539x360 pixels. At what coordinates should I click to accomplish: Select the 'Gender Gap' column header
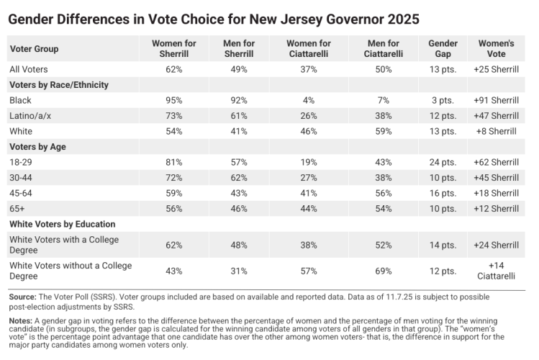point(443,49)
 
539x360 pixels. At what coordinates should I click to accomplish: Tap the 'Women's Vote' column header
point(496,49)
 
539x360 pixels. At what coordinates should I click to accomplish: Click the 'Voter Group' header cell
point(34,49)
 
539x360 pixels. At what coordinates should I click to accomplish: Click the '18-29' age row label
point(21,162)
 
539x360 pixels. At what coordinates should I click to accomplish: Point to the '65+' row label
point(18,209)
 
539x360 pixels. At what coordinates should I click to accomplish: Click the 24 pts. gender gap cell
point(443,162)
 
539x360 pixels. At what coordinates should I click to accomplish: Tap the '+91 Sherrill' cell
point(496,100)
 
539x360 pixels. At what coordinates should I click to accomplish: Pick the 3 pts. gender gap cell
point(443,100)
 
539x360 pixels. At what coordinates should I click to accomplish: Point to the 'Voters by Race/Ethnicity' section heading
point(58,84)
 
